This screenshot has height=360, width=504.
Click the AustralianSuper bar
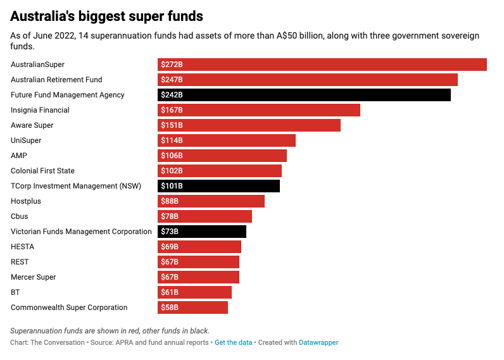(x=322, y=65)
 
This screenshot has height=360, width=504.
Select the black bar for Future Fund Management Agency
(x=304, y=95)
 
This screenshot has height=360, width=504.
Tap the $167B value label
(x=172, y=110)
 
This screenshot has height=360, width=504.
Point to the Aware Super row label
(x=32, y=125)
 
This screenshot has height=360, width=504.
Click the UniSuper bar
(x=227, y=140)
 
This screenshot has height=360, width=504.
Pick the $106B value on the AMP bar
(x=172, y=156)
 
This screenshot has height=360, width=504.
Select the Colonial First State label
(x=42, y=171)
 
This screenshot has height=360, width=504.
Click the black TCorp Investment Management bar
(x=218, y=186)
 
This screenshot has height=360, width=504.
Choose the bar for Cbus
(x=205, y=216)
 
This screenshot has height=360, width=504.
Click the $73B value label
(x=170, y=232)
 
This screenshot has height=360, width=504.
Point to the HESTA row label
(x=23, y=247)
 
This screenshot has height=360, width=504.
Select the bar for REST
(x=198, y=262)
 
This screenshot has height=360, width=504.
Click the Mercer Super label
(x=34, y=277)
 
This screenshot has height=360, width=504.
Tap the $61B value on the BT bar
(x=170, y=292)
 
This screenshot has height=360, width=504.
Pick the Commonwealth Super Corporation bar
(x=192, y=307)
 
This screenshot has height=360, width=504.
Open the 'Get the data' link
(x=233, y=342)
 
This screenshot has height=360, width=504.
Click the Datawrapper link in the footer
(x=318, y=342)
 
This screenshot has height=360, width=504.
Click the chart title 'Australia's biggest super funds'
(x=107, y=15)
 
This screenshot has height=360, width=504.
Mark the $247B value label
(x=172, y=80)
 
